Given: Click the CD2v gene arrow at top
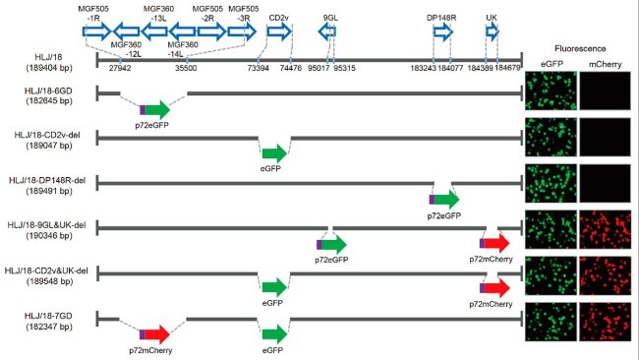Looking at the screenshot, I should click(x=279, y=32).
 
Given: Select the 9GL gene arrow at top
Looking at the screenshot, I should click(x=328, y=32).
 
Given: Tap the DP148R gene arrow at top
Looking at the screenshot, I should click(x=443, y=32).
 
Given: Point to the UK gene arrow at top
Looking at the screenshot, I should click(x=492, y=32).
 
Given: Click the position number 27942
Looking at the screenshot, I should click(x=120, y=68).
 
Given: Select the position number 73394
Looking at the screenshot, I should click(x=260, y=68).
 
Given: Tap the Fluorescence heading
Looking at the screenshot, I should click(x=580, y=47).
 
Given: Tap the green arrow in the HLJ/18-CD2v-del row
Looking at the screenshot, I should click(x=274, y=152).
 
